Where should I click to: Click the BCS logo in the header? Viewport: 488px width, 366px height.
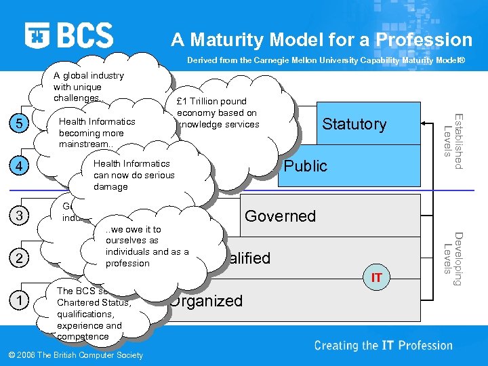coord(69,35)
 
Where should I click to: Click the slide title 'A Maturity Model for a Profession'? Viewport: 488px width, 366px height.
coord(321,39)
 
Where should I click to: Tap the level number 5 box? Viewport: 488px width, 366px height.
coord(20,123)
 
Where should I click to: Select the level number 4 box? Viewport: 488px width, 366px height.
coord(20,166)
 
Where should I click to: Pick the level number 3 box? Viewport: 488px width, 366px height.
coord(20,216)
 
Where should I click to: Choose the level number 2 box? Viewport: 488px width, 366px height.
coord(20,258)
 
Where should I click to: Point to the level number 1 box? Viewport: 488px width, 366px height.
coord(20,300)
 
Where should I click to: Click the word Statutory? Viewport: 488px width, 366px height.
coord(354,124)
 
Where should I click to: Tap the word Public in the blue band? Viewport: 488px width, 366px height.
coord(306,166)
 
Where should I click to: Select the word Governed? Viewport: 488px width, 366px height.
coord(280,216)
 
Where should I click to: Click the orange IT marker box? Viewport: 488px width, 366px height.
coord(376,277)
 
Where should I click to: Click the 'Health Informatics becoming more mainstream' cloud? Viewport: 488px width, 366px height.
coord(97,133)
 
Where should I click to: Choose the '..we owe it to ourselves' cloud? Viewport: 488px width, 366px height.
coord(146,247)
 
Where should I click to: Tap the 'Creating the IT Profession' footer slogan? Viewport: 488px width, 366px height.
coord(383,346)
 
